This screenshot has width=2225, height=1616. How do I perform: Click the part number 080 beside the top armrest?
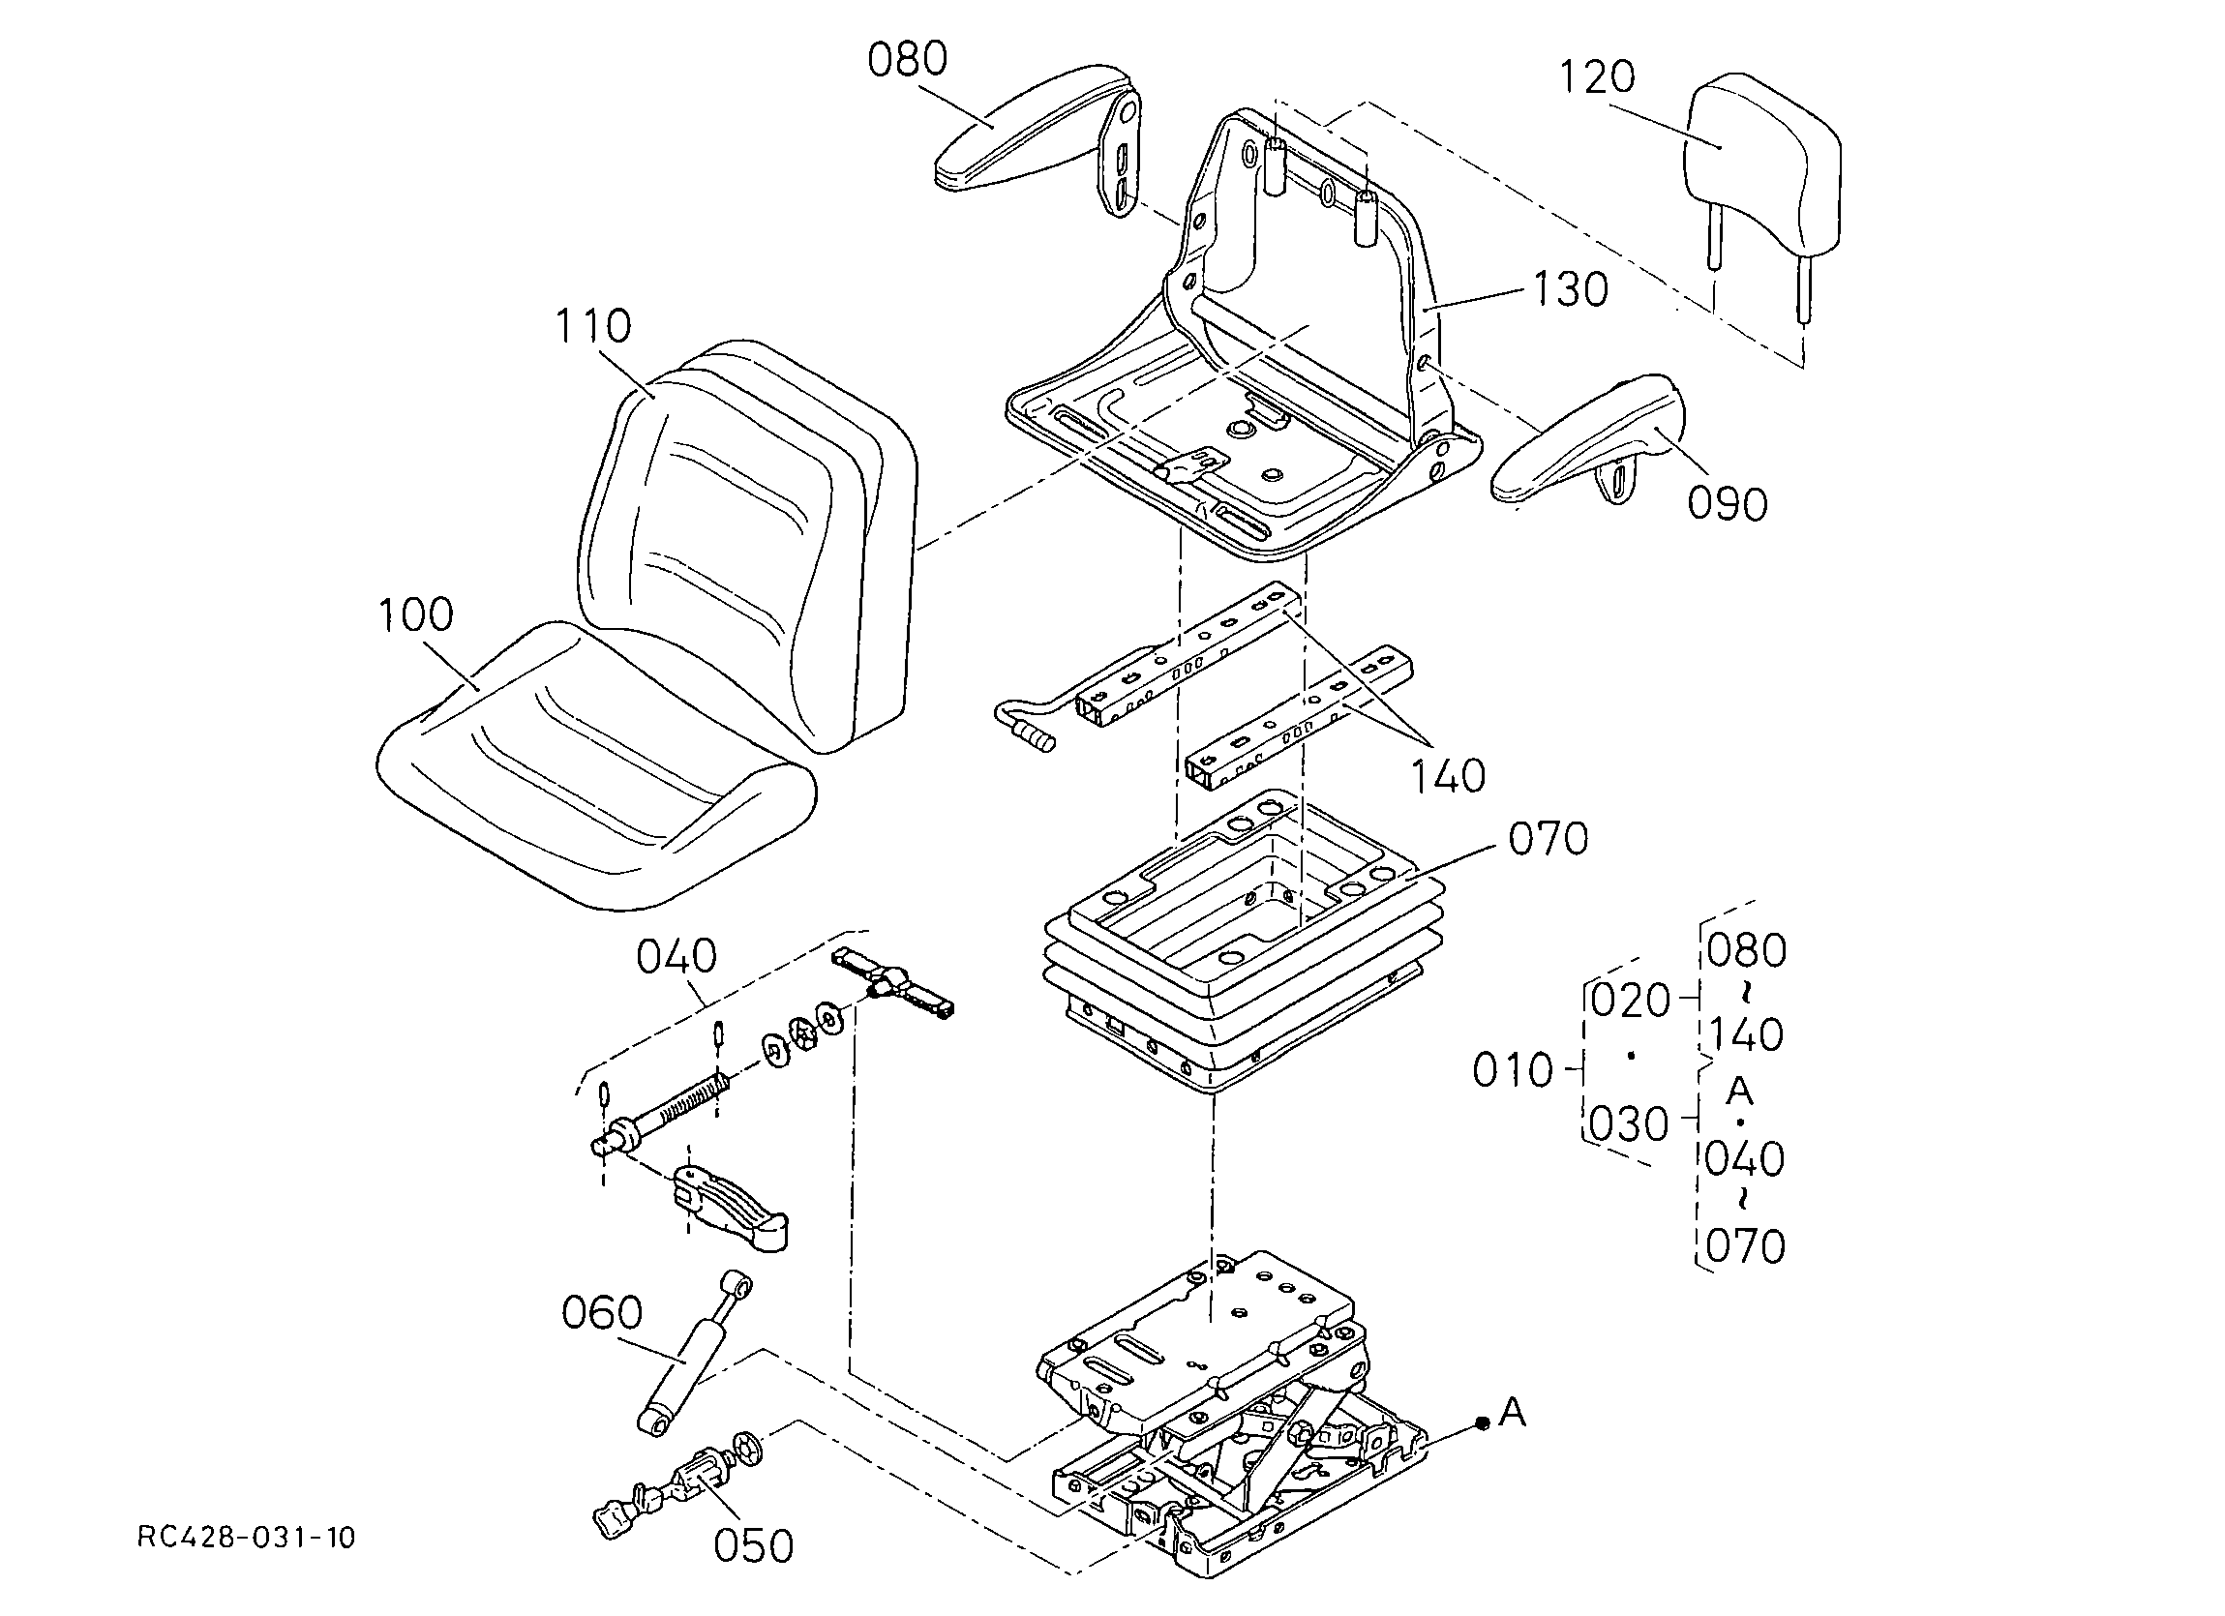(908, 60)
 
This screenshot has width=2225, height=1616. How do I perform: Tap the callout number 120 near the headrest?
(1597, 76)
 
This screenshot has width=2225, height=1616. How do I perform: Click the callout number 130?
(1571, 289)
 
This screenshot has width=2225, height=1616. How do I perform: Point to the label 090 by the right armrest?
(1728, 503)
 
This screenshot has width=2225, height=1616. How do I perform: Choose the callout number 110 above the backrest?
(592, 326)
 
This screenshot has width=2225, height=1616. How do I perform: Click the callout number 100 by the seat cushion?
(416, 614)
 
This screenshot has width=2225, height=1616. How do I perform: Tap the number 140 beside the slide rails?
(1448, 776)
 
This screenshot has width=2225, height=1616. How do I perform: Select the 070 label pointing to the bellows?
(1548, 839)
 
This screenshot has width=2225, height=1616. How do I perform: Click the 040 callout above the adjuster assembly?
(677, 956)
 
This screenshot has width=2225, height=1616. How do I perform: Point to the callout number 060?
(602, 1312)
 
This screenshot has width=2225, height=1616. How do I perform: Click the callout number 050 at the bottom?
(753, 1545)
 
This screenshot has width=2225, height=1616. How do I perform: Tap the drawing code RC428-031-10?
(246, 1538)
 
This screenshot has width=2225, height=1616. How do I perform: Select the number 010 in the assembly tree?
(1513, 1070)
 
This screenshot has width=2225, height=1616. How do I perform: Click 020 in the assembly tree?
(1631, 1001)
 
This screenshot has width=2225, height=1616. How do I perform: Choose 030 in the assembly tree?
(1629, 1124)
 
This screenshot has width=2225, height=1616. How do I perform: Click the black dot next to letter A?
(1483, 1422)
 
